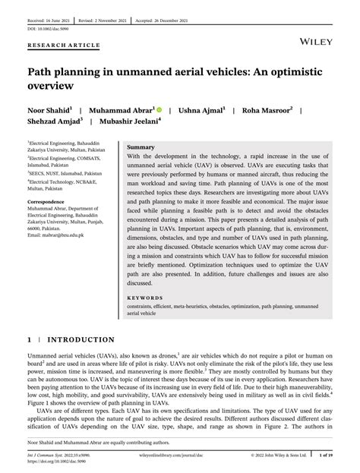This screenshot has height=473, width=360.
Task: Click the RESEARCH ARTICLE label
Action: click(x=63, y=45)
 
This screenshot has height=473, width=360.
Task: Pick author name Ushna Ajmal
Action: click(x=201, y=109)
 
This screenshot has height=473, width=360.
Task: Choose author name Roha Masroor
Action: click(x=267, y=109)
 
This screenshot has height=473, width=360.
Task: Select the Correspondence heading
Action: click(x=46, y=201)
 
